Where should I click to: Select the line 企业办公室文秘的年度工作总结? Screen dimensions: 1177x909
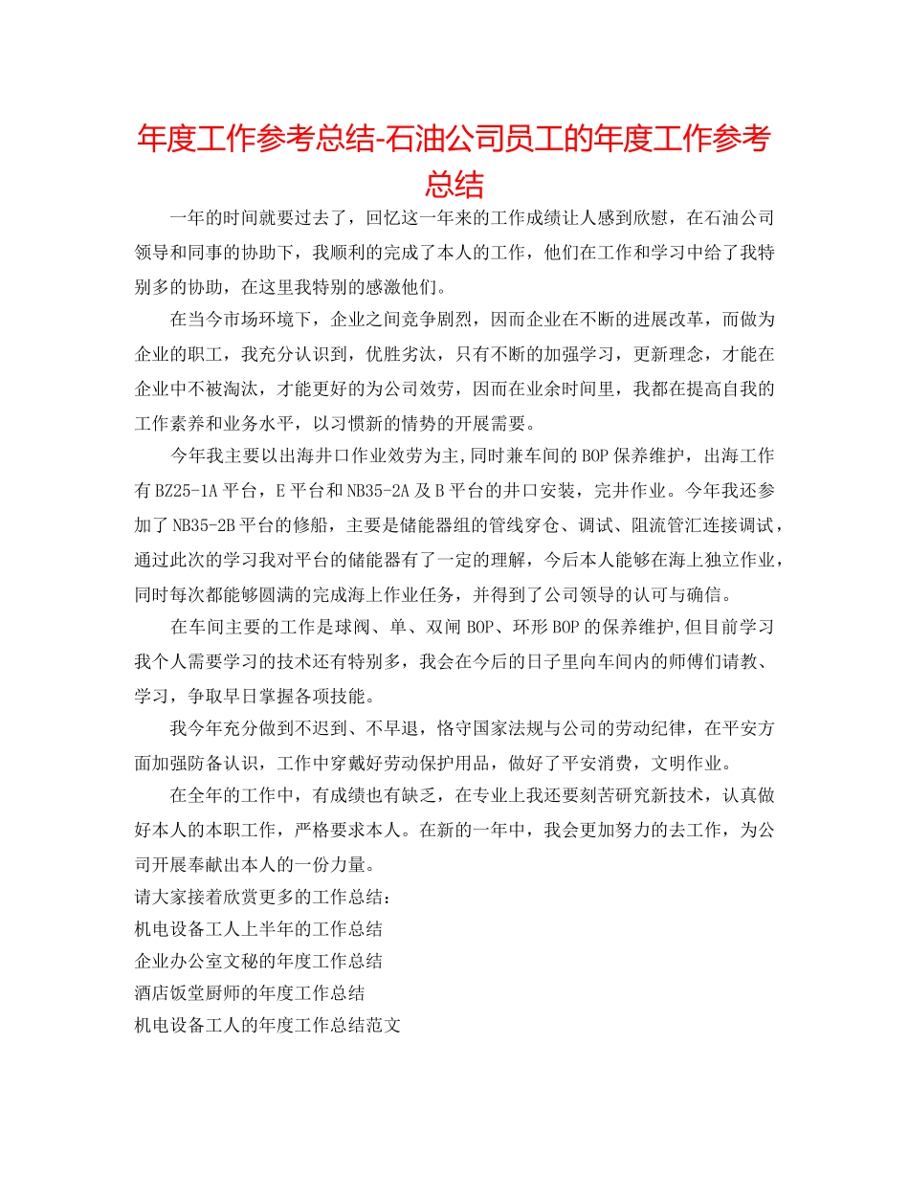point(259,961)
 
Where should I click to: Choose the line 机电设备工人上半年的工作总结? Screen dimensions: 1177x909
point(259,928)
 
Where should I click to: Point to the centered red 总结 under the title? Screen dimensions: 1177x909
point(454,183)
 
